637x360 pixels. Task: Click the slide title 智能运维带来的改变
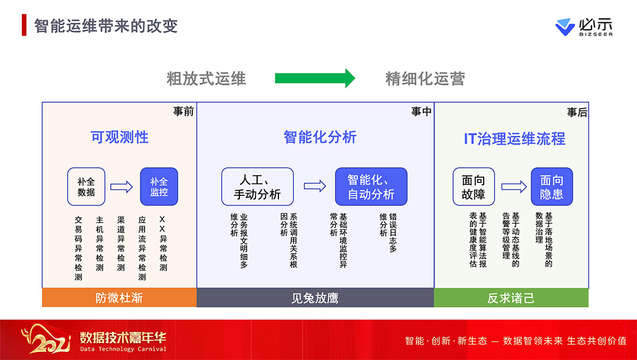click(106, 26)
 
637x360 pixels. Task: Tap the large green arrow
click(315, 78)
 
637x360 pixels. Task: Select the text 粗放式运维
click(206, 78)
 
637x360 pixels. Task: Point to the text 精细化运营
click(425, 78)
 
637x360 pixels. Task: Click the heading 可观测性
click(120, 138)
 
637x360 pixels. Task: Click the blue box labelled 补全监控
click(159, 186)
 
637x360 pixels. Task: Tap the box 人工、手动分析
click(257, 186)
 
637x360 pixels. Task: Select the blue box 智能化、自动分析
click(371, 186)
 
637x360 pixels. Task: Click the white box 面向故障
click(474, 186)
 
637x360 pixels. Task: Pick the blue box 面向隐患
click(551, 186)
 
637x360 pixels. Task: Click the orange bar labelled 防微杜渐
click(119, 297)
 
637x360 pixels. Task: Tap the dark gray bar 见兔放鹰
click(315, 297)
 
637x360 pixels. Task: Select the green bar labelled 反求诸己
click(511, 297)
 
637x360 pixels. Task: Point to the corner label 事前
click(183, 111)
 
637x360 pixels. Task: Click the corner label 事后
click(577, 112)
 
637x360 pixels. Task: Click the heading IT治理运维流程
click(514, 139)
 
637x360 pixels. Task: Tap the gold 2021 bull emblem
click(44, 339)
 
